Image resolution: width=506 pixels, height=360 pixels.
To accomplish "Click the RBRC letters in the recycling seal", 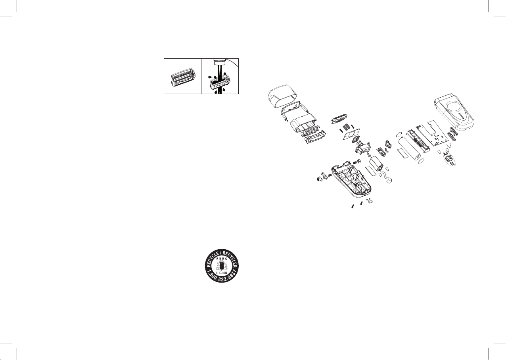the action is tap(221, 259).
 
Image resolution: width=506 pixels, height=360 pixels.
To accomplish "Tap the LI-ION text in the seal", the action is tap(222, 273).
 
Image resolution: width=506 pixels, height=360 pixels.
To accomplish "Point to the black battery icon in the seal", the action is tap(221, 266).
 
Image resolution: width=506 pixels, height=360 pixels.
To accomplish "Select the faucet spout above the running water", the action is tap(220, 62).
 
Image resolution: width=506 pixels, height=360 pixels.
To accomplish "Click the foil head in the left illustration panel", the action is tap(183, 77).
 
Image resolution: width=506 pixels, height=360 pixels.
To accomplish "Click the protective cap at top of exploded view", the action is tap(282, 96).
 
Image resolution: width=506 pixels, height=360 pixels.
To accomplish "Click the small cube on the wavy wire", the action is tap(389, 181).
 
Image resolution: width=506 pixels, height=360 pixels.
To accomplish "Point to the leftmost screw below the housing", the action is tap(353, 206).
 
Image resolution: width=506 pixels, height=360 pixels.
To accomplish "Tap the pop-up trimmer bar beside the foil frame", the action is tap(339, 119).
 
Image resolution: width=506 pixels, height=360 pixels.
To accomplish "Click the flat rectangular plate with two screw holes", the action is tap(351, 134).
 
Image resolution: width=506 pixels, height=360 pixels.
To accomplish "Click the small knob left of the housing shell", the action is tap(319, 179).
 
